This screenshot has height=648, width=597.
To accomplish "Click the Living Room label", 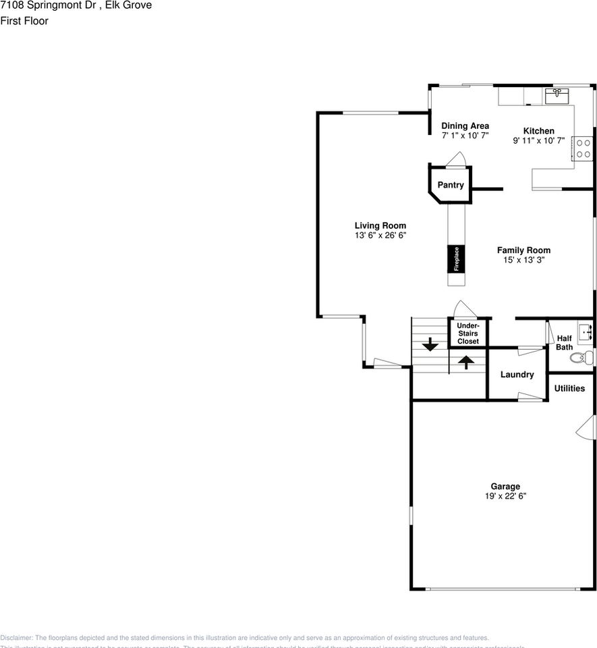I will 380,225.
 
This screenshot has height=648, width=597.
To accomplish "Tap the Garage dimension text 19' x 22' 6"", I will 505,496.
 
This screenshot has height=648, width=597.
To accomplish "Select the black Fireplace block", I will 456,259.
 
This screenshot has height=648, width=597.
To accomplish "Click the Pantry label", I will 451,185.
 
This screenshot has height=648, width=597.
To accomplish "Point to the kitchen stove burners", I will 583,148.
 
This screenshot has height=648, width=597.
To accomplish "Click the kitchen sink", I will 557,95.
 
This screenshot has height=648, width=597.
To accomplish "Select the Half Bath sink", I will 585,333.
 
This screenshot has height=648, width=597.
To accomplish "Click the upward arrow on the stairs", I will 465,362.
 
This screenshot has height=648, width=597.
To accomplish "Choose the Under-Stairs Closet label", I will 468,333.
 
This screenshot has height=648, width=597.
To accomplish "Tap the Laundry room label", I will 517,375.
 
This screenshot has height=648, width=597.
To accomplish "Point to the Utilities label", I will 570,388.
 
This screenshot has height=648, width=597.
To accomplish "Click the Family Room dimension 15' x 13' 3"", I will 523,260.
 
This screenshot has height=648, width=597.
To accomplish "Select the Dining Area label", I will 465,126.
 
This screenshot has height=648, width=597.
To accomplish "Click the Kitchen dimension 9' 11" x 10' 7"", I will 538,141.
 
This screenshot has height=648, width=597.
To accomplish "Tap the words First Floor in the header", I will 24,21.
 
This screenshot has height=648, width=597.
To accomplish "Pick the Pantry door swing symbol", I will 458,160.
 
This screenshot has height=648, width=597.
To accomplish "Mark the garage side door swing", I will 587,427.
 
